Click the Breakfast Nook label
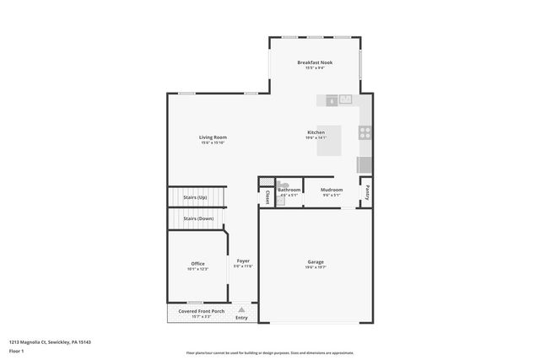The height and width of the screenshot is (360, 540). click(x=314, y=63)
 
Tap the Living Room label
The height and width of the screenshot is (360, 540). click(x=213, y=137)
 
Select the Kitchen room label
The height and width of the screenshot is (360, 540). click(x=316, y=132)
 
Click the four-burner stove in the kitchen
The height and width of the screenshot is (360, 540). click(x=364, y=132)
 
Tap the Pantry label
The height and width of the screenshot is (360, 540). click(x=368, y=191)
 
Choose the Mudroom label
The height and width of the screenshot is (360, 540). click(x=332, y=190)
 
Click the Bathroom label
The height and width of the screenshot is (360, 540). click(x=289, y=190)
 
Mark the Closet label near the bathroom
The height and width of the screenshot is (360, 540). click(x=267, y=196)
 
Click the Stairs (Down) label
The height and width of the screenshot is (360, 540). click(x=198, y=218)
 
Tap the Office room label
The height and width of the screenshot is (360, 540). click(x=197, y=264)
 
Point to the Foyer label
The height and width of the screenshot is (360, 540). click(x=243, y=261)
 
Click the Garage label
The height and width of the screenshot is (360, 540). click(x=316, y=262)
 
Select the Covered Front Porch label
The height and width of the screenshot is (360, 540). click(x=201, y=311)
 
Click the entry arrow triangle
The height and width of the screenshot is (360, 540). click(x=241, y=309)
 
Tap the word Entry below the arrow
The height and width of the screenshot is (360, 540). click(x=241, y=318)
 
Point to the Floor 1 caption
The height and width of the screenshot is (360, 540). click(x=17, y=349)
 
